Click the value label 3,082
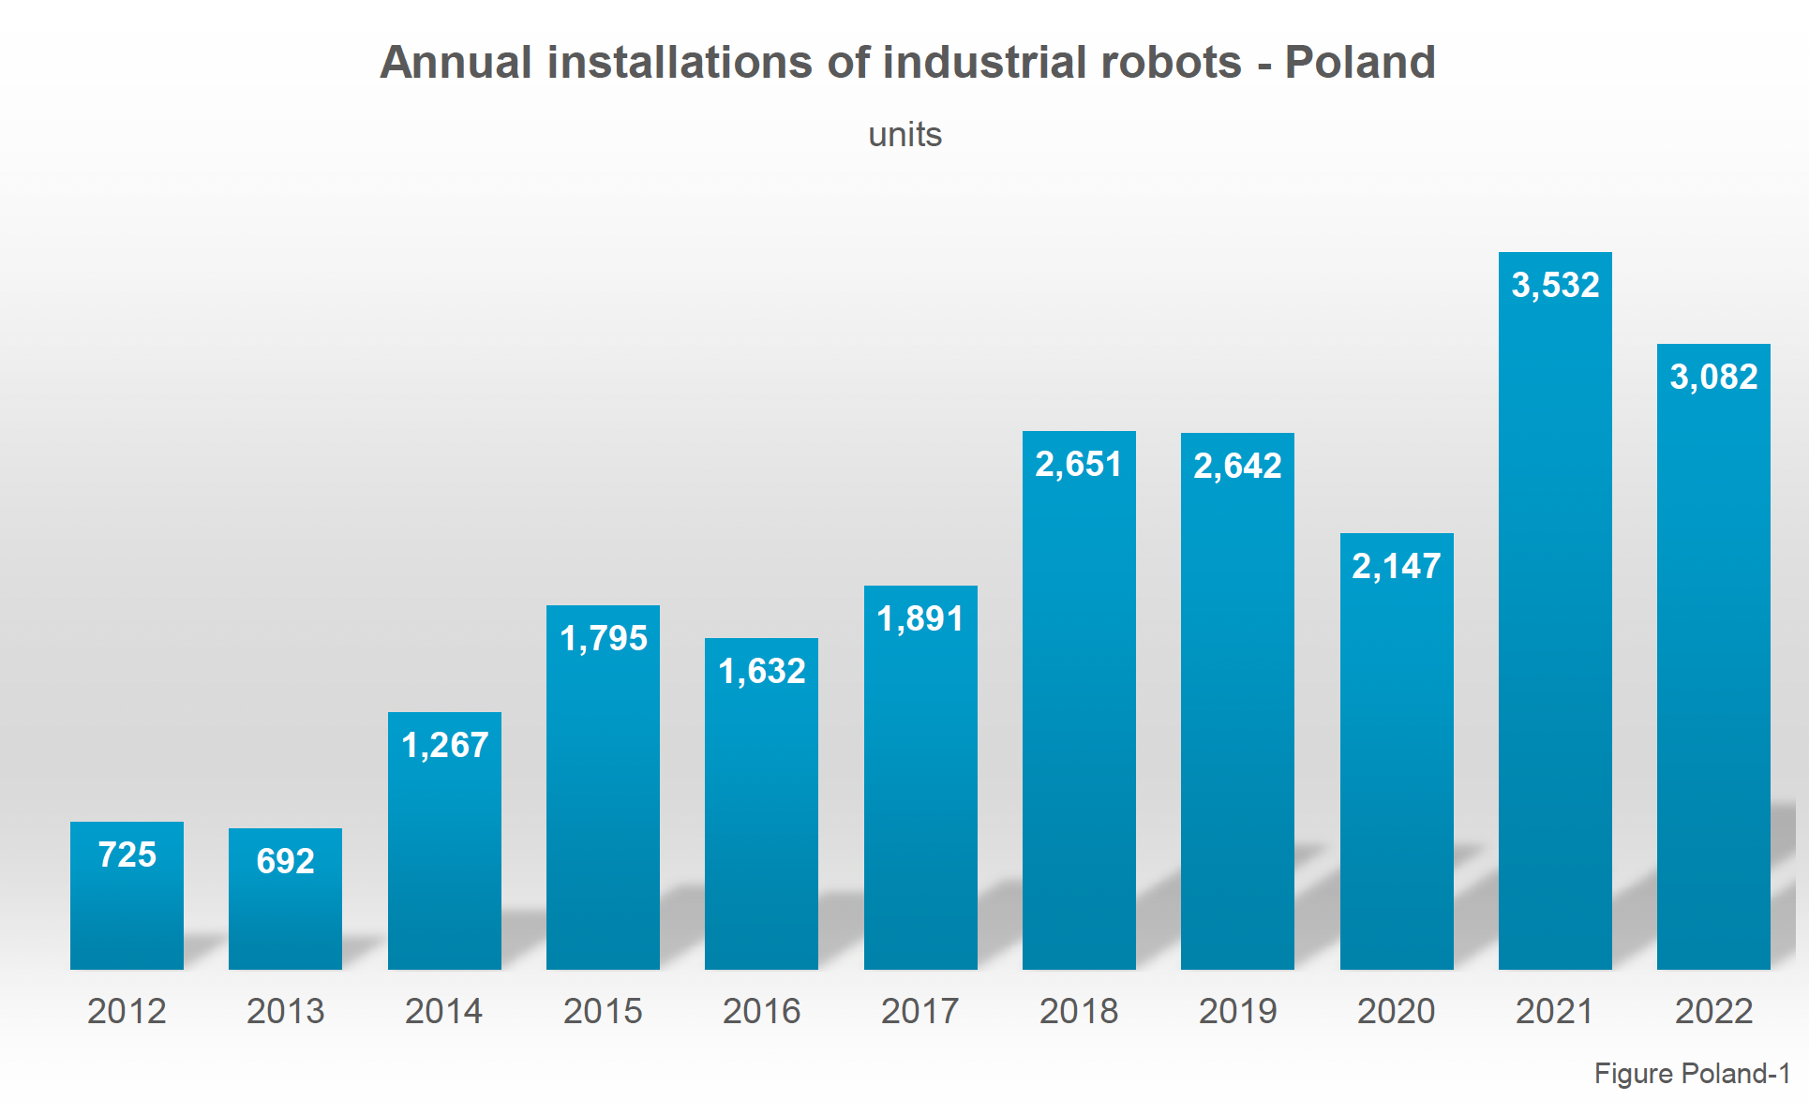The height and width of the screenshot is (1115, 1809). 1713,377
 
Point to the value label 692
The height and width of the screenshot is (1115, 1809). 285,861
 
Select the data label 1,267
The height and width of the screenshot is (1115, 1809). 444,745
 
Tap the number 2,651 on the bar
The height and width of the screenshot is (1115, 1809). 1079,464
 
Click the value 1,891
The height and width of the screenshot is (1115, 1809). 920,618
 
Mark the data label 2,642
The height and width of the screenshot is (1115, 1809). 1237,466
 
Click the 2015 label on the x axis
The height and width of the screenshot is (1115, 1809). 603,1011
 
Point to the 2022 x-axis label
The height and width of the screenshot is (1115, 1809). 1713,1011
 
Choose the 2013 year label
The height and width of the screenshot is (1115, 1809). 285,1011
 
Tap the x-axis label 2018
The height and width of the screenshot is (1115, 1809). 1079,1011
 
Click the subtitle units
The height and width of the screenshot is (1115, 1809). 904,135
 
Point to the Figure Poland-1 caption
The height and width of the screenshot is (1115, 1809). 1692,1074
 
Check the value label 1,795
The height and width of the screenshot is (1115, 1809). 603,638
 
